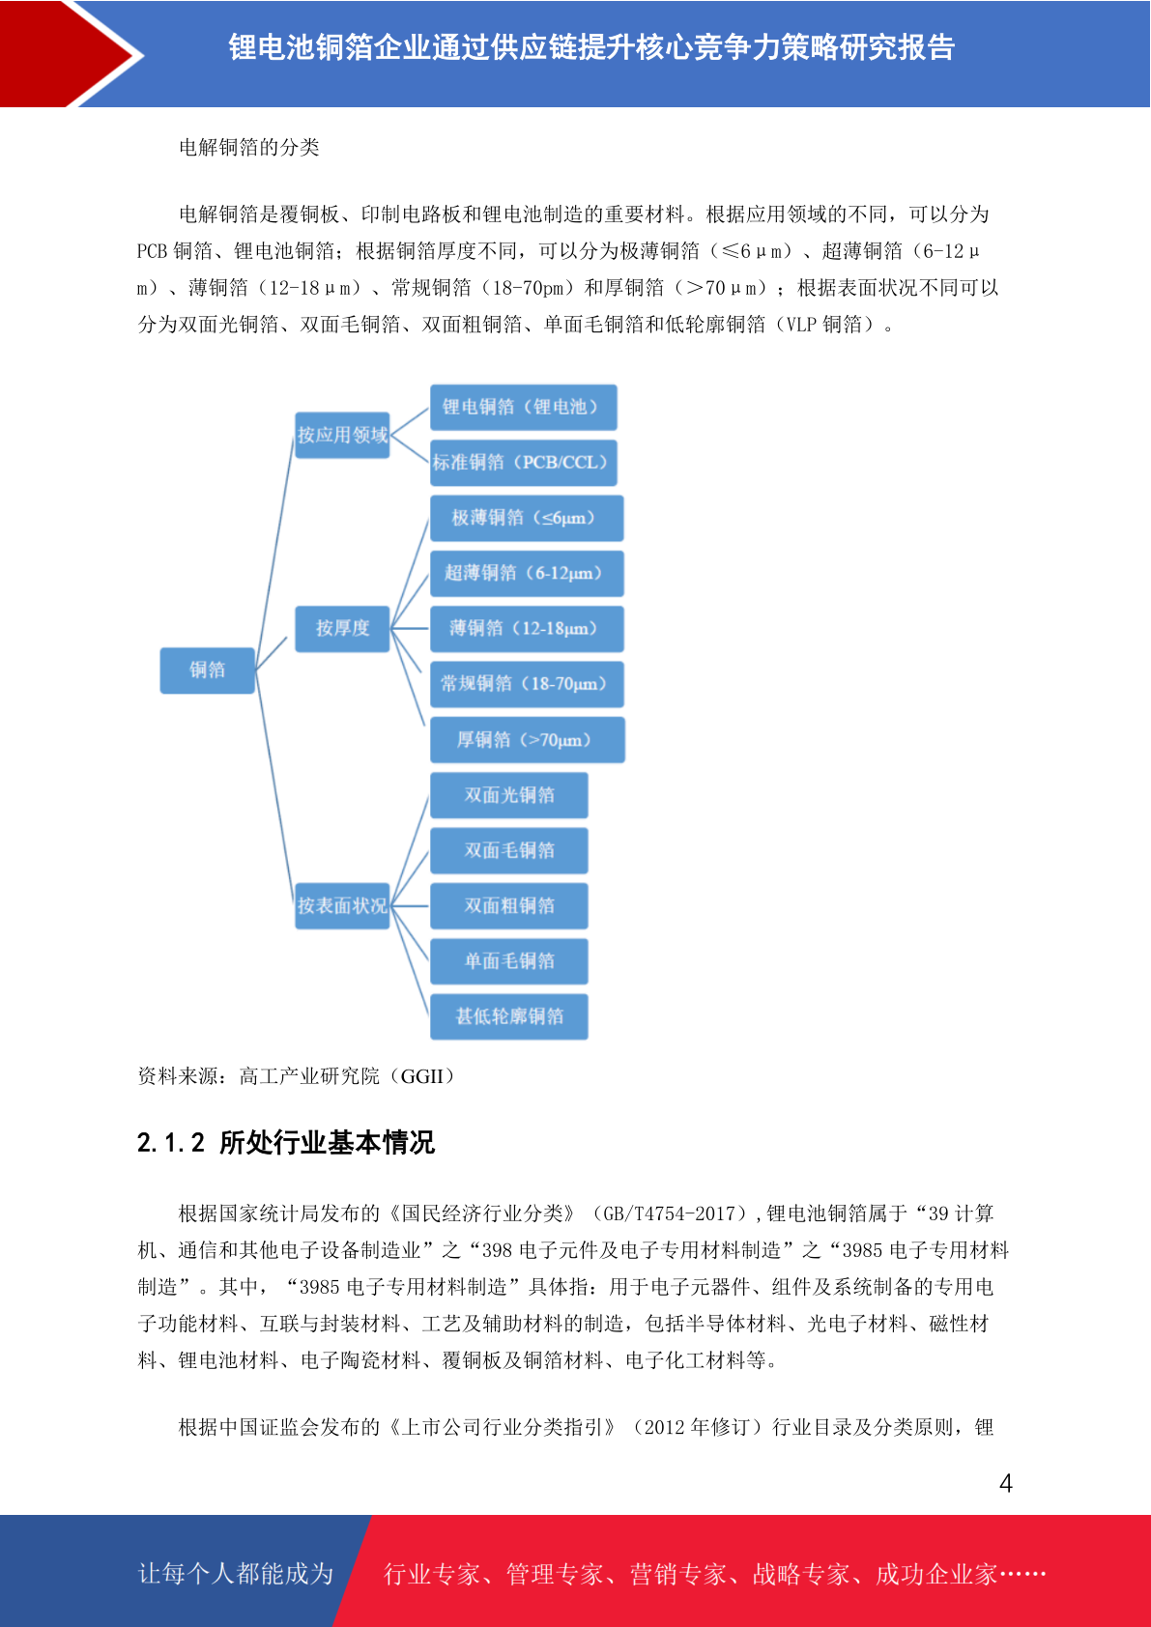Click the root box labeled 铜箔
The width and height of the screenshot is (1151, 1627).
(x=207, y=670)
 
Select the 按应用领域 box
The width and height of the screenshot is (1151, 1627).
(x=342, y=435)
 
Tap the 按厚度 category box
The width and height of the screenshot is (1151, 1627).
(x=342, y=628)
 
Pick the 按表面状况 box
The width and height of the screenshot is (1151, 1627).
(x=342, y=905)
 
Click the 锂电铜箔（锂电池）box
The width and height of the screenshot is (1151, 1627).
(x=523, y=407)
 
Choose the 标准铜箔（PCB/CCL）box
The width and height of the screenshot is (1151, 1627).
(x=523, y=463)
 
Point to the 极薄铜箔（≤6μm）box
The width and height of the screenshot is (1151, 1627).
(x=527, y=518)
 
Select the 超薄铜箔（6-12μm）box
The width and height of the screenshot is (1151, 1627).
(x=527, y=573)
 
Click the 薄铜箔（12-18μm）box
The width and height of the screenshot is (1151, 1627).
(x=527, y=628)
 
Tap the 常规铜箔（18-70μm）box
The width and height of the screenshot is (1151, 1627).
(x=527, y=684)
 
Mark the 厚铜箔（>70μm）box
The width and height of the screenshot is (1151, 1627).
(x=528, y=740)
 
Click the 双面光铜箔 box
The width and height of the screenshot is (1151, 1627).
(x=508, y=795)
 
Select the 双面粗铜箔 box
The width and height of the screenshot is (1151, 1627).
(x=508, y=905)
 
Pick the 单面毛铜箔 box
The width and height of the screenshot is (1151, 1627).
(x=508, y=961)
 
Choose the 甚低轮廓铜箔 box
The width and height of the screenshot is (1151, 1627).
(x=508, y=1016)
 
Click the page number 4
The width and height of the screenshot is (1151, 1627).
(x=1006, y=1482)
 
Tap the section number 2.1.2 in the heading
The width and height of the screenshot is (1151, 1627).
(x=171, y=1143)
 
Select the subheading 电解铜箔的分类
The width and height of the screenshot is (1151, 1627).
(x=249, y=148)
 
